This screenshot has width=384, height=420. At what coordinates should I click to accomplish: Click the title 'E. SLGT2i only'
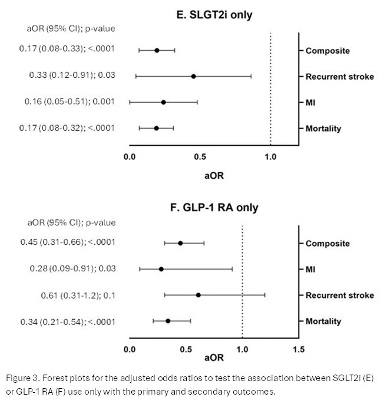210,14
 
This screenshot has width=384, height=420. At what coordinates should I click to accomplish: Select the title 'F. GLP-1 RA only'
210,207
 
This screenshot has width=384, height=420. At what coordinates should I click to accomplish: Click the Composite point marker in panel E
157,50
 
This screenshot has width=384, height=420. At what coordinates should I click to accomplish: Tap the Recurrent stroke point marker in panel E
193,76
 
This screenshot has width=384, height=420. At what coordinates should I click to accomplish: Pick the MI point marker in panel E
163,102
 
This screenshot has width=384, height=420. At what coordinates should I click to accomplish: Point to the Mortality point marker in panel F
168,321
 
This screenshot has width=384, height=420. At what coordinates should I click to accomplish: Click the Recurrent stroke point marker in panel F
198,295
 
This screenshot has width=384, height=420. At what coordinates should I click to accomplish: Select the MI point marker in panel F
161,269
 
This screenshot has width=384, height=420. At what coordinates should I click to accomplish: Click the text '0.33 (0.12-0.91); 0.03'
72,76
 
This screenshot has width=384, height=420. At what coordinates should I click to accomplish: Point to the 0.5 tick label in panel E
200,157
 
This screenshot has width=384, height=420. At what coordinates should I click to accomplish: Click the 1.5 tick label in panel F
299,349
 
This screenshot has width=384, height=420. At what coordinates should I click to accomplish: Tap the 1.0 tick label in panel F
242,349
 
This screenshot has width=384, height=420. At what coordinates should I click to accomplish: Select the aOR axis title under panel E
214,175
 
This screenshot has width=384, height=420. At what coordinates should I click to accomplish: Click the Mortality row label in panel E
323,128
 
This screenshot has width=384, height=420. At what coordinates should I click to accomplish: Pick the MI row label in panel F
311,269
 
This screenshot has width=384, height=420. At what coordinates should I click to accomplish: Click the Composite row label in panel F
327,243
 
